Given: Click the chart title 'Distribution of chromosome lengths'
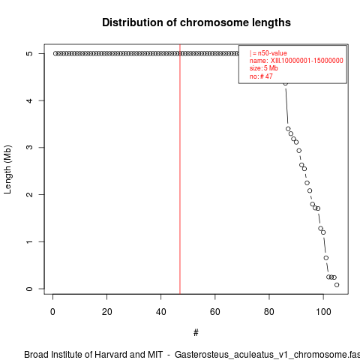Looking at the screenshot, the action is point(196,22).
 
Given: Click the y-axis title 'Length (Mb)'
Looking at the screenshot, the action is point(7,169).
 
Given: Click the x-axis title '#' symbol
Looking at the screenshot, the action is point(196,333).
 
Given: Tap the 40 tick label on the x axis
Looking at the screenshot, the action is point(160,312).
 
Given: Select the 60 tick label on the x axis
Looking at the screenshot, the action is point(214,312).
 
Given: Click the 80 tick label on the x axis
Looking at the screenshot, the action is point(269,312).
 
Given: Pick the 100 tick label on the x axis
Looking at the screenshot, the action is point(323,312).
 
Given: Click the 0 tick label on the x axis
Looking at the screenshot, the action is point(52,312).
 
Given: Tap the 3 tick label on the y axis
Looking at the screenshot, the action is point(29,148).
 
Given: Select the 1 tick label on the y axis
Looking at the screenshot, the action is point(29,241).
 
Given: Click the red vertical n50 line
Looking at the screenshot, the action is point(180,169).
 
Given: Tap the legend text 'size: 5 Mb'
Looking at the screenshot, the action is point(264,68).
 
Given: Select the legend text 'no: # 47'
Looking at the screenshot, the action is point(261,76).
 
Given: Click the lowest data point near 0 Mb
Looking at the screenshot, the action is point(337,285).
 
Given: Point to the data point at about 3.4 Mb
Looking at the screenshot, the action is point(288,129).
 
